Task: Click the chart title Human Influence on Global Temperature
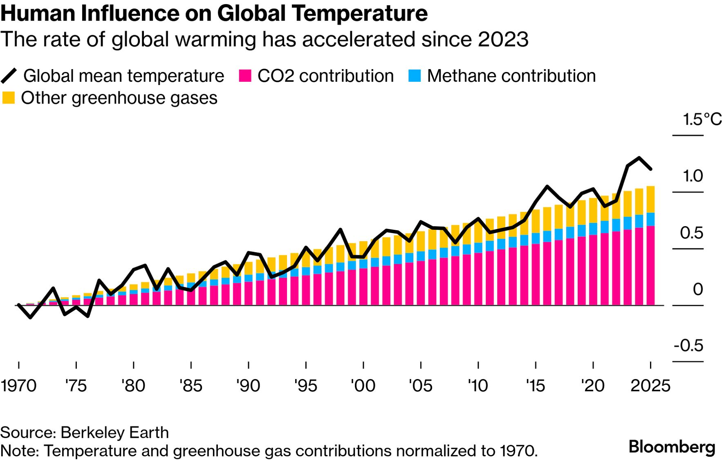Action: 214,13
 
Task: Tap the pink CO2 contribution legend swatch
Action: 244,76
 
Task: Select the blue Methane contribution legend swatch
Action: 414,76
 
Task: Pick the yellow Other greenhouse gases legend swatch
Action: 8,98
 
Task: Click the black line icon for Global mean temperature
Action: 9,76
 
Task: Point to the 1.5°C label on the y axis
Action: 702,119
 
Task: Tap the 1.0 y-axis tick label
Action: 693,176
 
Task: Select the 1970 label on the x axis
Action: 18,386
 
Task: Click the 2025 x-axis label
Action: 650,386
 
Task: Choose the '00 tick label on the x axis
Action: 363,386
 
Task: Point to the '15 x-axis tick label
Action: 535,386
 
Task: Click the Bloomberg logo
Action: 672,447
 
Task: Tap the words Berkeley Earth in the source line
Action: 114,432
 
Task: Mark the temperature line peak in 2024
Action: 639,158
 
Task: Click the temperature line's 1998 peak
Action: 340,229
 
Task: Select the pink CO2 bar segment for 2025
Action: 650,266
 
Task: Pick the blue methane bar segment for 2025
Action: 650,219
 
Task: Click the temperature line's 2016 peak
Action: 547,186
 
